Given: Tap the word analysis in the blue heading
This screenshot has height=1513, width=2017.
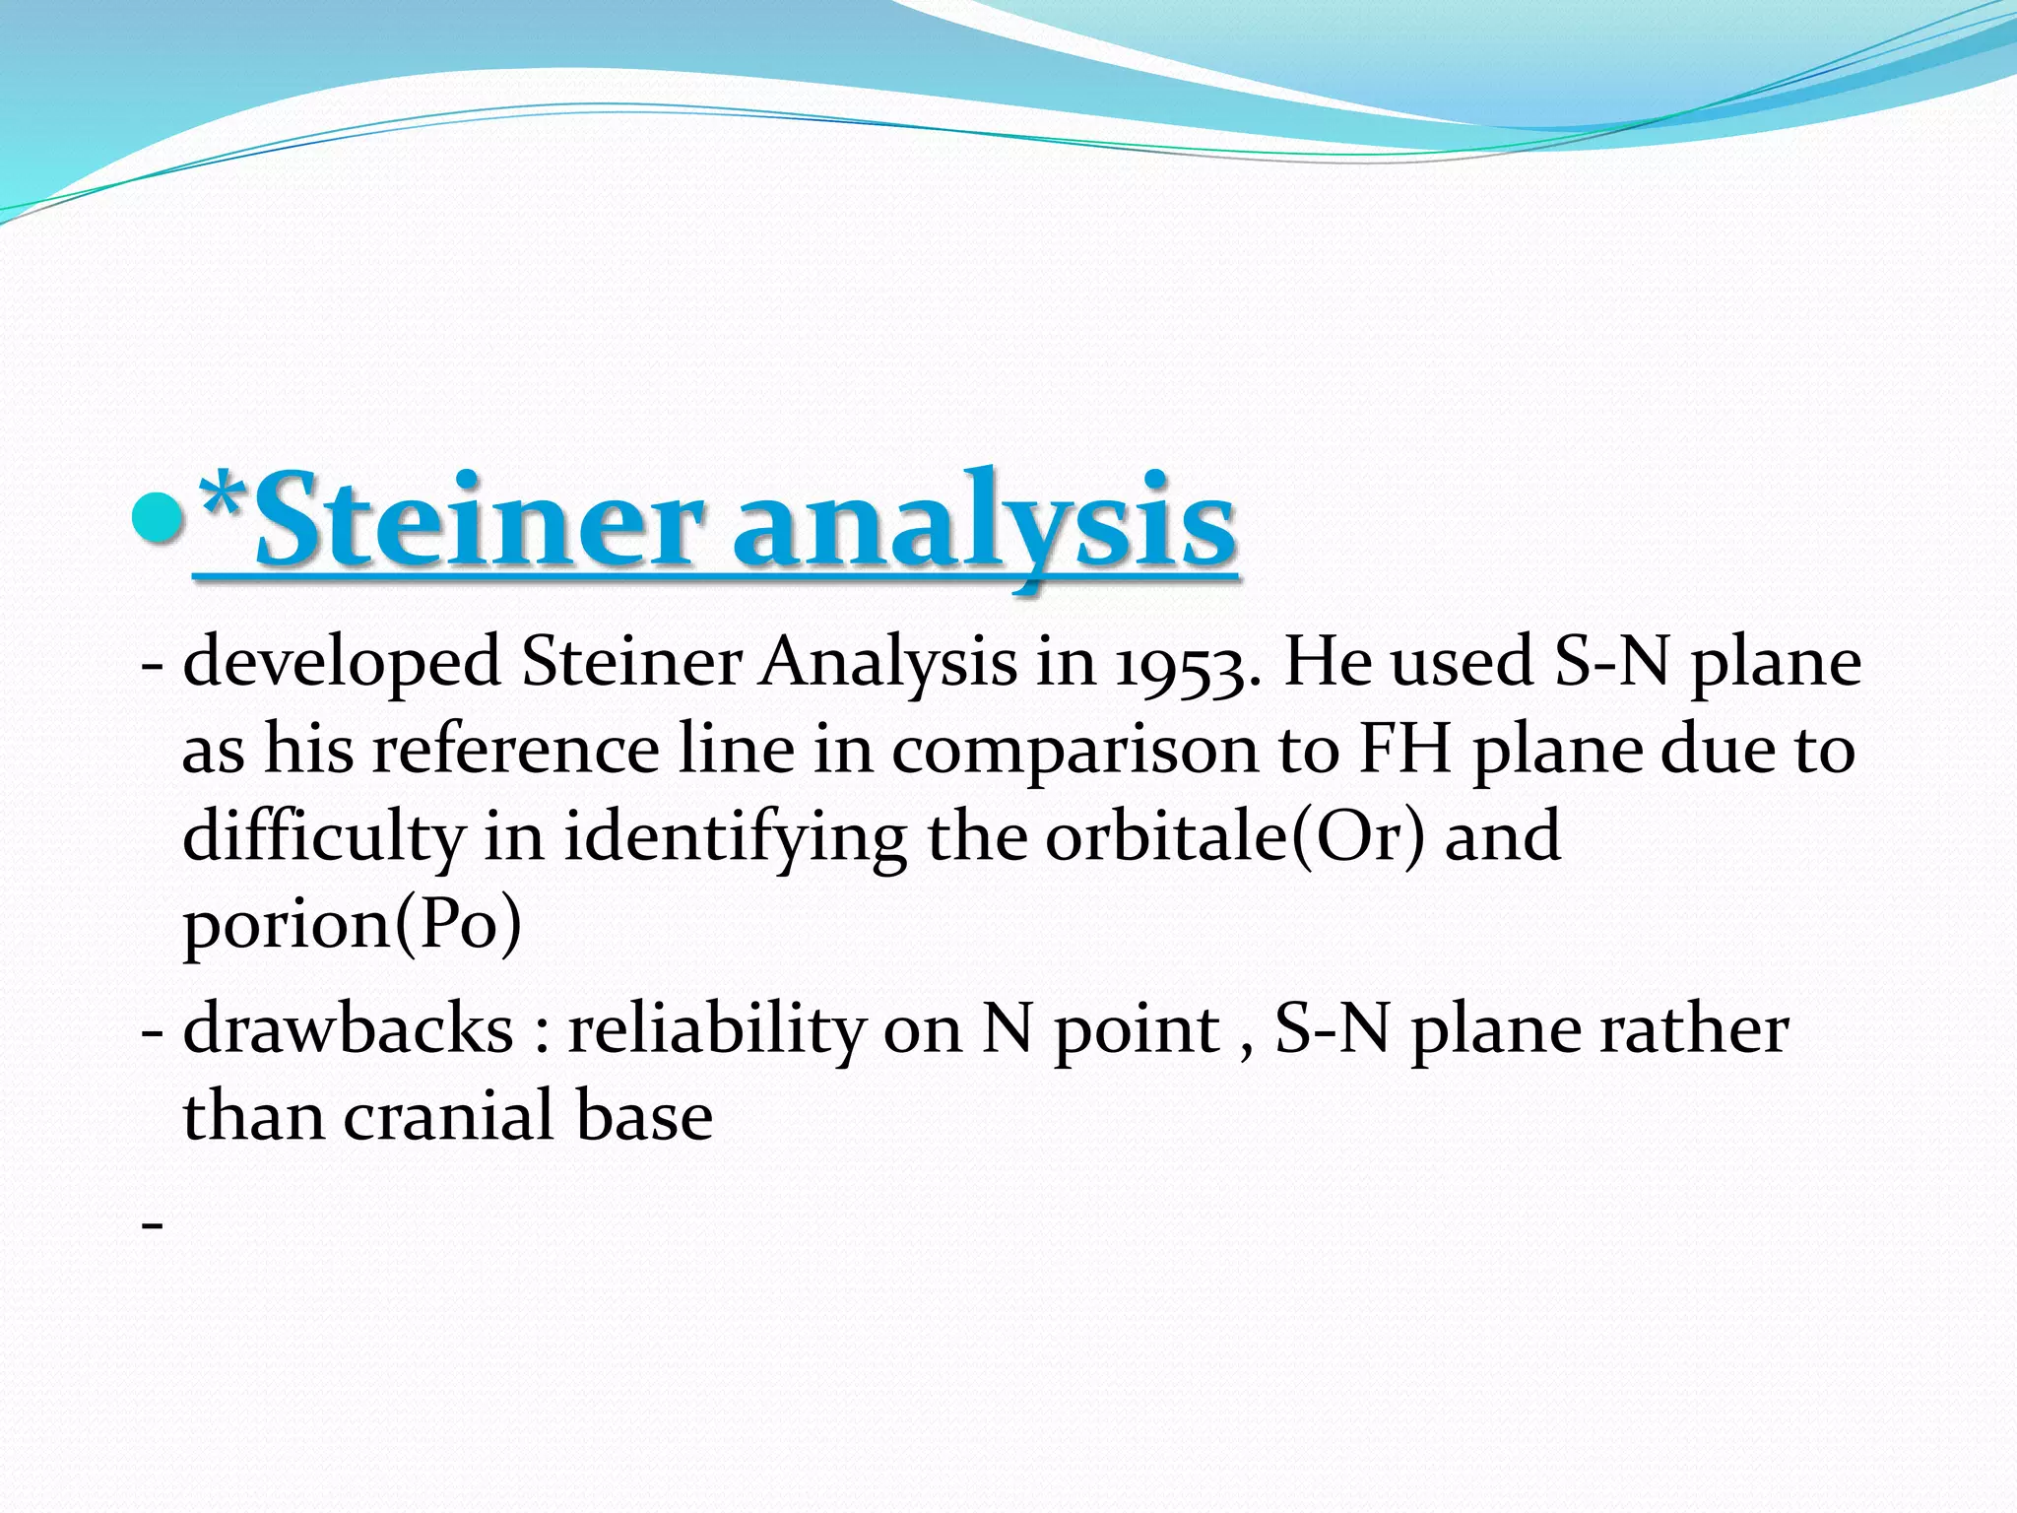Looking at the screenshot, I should click(984, 520).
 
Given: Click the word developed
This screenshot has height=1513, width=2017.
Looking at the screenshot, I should click(343, 662).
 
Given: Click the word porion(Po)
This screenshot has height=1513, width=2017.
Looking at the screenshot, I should click(352, 924).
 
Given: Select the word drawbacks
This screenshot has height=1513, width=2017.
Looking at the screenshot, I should click(349, 1028).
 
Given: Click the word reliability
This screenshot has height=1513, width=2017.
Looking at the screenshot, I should click(715, 1028).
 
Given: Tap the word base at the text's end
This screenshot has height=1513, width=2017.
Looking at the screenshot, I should click(644, 1116).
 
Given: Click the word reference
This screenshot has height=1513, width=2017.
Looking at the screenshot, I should click(515, 749).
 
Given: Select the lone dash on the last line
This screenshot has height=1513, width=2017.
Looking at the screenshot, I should click(152, 1224).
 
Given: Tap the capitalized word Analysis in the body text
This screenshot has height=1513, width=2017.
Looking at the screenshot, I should click(887, 662).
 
